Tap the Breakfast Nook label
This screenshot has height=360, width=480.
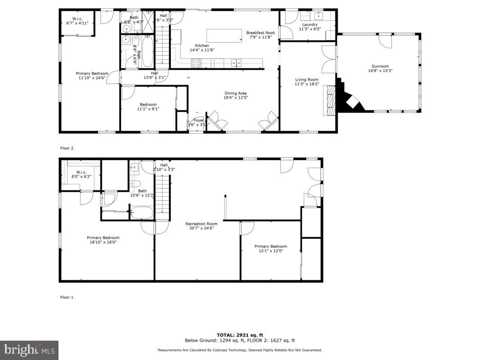pos(260,32)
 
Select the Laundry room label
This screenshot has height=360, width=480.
pos(310,25)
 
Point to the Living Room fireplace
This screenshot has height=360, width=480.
pos(332,100)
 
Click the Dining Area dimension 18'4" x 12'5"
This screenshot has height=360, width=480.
pos(236,98)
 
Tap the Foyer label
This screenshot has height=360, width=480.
pos(198,120)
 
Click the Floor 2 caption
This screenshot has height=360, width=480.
pos(67,148)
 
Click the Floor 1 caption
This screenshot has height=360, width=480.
pos(67,297)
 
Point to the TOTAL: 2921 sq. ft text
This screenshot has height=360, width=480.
pos(239,335)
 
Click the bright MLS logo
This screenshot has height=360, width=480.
pos(29,350)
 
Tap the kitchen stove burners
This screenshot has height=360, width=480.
pos(196,63)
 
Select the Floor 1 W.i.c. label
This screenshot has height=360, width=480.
pos(81,172)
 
